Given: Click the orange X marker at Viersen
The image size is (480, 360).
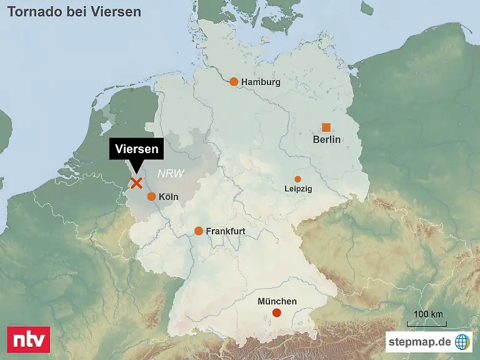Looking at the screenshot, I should [x=136, y=182].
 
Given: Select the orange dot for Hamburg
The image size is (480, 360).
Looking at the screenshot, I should [x=234, y=82].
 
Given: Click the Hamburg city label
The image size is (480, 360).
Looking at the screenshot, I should [x=261, y=82].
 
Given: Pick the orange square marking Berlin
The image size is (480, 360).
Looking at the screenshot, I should [x=326, y=127].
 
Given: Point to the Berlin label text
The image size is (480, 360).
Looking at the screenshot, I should [x=326, y=139].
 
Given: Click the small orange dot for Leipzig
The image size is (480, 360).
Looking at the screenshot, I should [x=297, y=179].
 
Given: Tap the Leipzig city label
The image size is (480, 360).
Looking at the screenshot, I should [x=298, y=188].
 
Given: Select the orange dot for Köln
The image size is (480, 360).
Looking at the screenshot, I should [x=151, y=196].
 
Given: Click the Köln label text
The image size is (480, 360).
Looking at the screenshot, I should [x=169, y=197].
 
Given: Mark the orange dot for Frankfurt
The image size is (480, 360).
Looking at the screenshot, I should [x=199, y=231].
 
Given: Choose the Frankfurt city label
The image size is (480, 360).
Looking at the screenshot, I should [x=225, y=231].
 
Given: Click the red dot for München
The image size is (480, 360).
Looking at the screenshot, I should [x=277, y=312].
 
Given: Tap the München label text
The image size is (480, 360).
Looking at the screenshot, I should [x=277, y=301].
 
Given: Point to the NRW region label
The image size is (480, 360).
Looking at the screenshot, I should [x=171, y=174].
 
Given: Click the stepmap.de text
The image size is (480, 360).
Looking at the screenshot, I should [x=419, y=341].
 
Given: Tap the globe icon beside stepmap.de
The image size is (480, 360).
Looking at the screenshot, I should [x=462, y=341].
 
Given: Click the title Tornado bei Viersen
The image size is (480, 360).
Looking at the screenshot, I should [x=74, y=12].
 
